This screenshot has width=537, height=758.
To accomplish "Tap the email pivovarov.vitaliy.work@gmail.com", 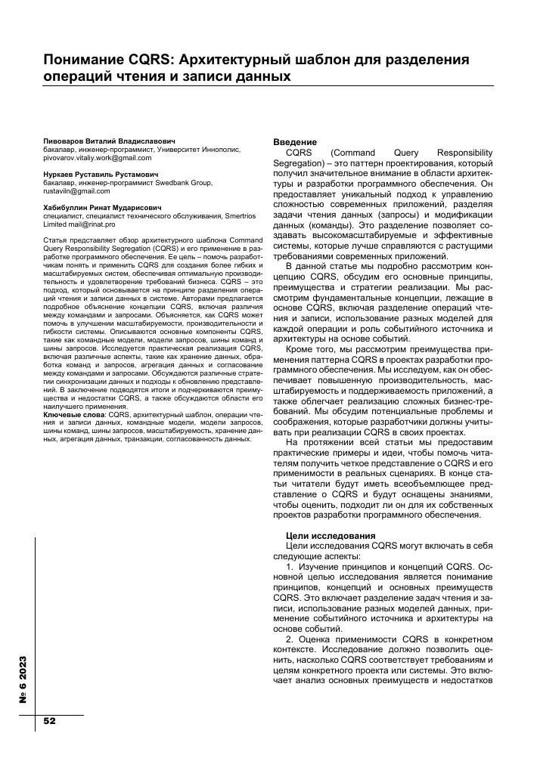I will [92, 158].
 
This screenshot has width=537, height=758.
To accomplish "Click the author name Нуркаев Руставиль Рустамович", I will [101, 175].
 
